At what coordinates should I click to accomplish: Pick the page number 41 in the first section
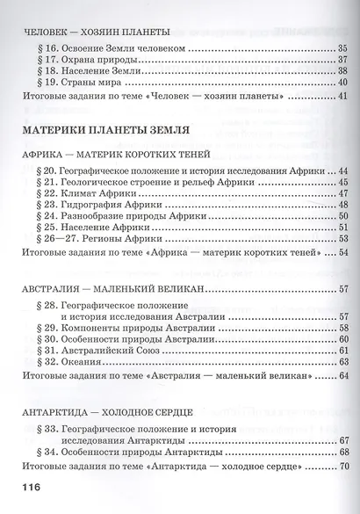click(342, 96)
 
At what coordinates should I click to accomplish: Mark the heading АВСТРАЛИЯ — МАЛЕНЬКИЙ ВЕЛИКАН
click(111, 289)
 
